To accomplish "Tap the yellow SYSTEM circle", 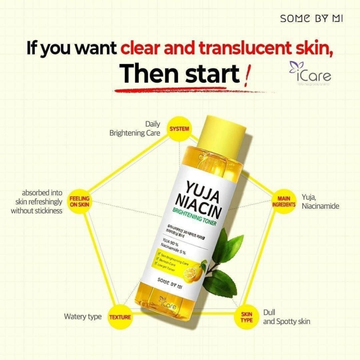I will click(179, 129).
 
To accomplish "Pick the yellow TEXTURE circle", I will click(120, 317).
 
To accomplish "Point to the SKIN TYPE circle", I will click(243, 317).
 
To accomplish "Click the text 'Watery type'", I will click(83, 317).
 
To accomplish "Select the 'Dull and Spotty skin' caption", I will click(286, 317).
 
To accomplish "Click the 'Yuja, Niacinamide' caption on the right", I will click(320, 201).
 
